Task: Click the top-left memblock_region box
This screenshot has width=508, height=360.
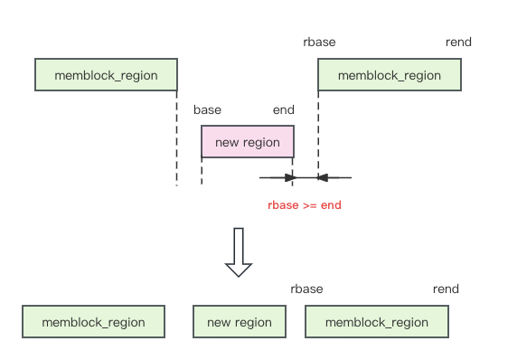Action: point(106,75)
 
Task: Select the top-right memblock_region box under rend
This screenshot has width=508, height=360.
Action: point(389,75)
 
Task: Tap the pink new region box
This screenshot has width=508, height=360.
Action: point(247,142)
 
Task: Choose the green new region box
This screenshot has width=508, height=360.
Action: point(239,322)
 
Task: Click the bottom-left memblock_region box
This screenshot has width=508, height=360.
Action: point(93,322)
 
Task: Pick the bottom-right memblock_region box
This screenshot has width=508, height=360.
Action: point(376,322)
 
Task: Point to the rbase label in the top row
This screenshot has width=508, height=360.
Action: point(319,42)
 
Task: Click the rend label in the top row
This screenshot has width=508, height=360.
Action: point(458,42)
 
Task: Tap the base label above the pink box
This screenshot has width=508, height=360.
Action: point(207,109)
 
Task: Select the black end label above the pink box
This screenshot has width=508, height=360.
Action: point(283,109)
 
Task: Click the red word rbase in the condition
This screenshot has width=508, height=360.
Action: point(285,205)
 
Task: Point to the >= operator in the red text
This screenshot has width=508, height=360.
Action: point(311,205)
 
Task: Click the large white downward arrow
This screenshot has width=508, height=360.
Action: point(239,251)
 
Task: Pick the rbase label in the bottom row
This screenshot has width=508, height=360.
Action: point(306,289)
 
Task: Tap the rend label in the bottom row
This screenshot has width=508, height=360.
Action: point(446,289)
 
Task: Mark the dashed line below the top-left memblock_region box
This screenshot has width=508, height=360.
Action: point(177,136)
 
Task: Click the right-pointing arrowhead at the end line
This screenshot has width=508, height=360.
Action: point(287,177)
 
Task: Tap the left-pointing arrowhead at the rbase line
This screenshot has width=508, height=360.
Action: point(323,177)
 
